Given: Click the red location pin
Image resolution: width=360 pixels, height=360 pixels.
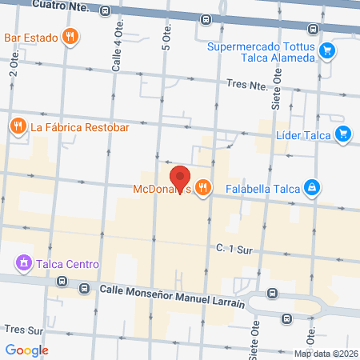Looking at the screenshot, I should [180, 178].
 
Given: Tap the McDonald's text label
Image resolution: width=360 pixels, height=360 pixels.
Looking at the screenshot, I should [163, 190].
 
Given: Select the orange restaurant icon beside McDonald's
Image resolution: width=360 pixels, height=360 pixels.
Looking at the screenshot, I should [205, 188].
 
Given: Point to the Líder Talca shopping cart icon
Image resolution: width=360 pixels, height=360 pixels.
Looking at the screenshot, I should [342, 134].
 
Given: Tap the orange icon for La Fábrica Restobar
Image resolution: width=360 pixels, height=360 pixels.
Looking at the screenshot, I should [17, 125].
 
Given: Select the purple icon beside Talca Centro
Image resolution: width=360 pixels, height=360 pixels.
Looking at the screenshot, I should [23, 263].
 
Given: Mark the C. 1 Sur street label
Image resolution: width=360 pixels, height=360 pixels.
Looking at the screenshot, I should [234, 250].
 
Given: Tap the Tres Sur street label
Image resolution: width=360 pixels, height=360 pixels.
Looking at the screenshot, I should [22, 329].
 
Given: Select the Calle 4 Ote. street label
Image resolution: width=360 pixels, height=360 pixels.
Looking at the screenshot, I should [118, 50].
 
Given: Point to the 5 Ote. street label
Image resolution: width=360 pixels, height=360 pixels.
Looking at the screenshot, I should [167, 48].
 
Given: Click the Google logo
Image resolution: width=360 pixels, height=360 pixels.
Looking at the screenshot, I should [27, 350].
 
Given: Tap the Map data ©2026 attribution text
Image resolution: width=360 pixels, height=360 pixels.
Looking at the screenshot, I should [326, 354].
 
